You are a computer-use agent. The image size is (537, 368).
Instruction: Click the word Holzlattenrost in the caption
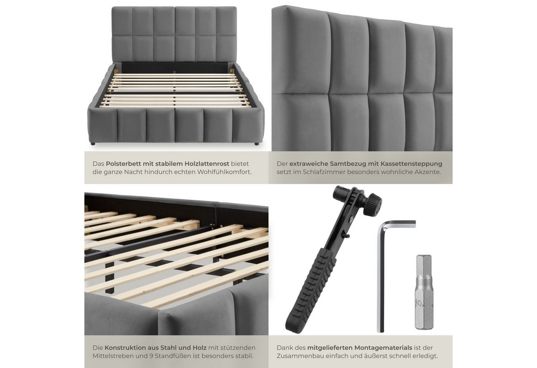207,164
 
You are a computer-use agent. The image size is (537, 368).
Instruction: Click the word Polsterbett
124,164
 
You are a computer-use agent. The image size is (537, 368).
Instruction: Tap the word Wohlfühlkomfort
224,172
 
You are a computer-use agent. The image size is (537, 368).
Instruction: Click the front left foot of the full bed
93,144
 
